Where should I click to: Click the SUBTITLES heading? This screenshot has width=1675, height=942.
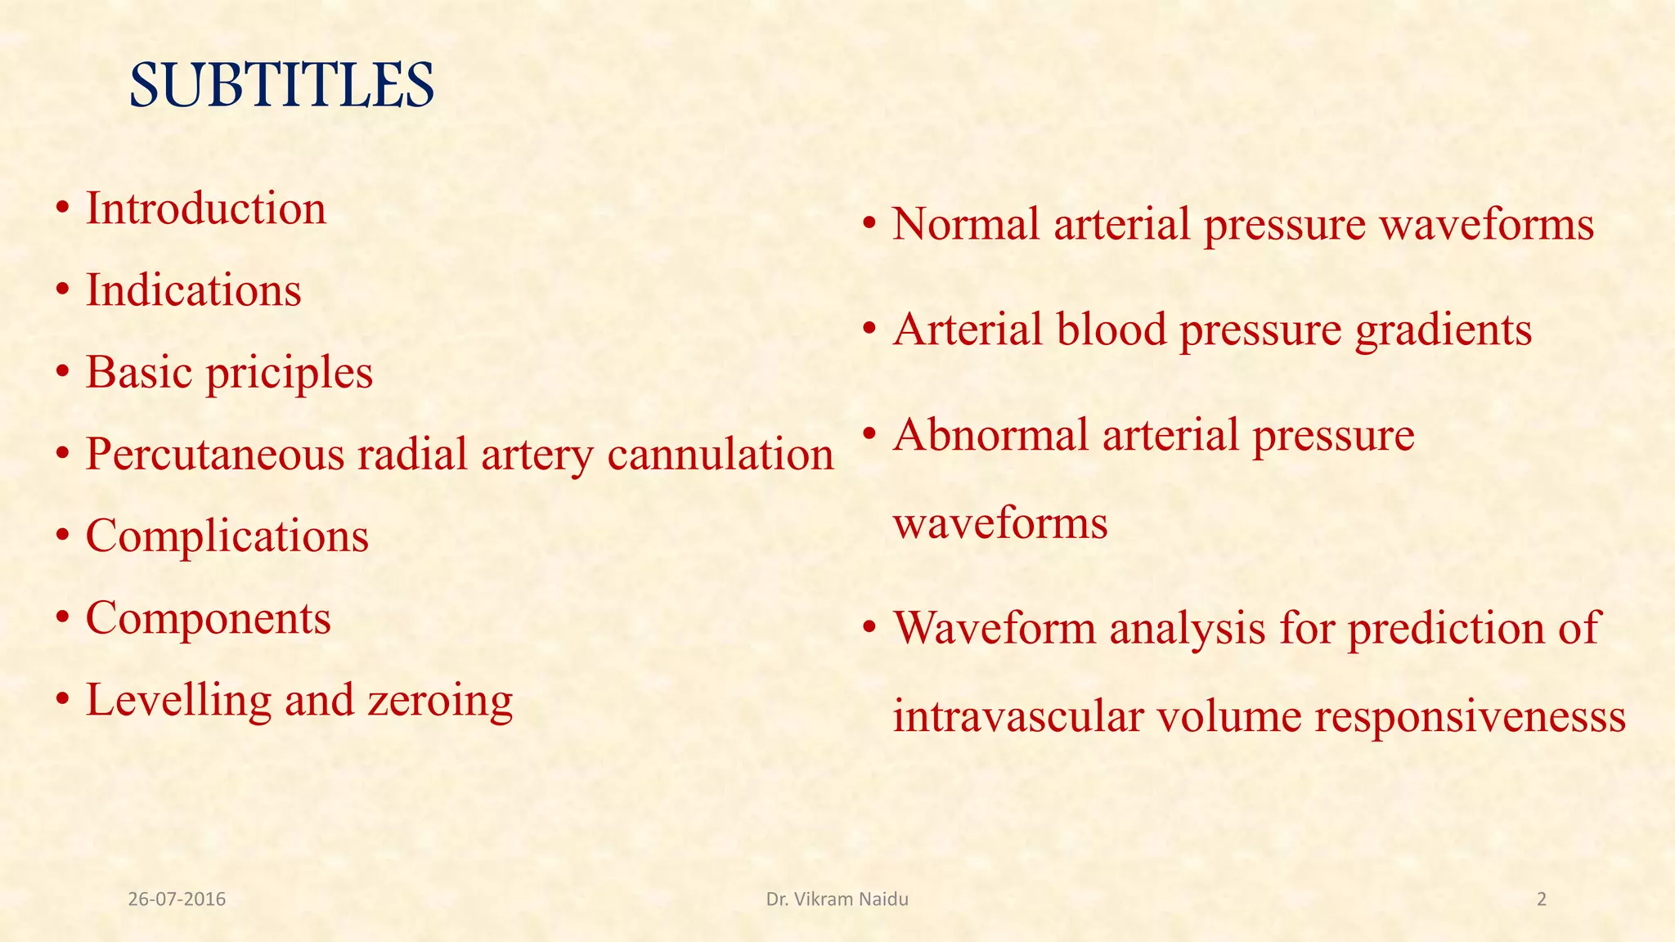281,85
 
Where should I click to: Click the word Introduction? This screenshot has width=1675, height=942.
206,209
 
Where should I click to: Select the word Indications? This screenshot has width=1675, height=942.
194,290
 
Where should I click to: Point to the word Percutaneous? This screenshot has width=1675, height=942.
214,455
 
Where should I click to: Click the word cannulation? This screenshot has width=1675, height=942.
720,455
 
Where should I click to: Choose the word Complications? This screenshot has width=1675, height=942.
227,536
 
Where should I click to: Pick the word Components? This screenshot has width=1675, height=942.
209,618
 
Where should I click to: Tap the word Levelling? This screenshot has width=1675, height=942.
178,701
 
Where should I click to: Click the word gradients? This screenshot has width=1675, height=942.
1443,330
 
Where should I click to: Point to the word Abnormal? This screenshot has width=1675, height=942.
990,435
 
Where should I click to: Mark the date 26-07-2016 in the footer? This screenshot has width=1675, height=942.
177,899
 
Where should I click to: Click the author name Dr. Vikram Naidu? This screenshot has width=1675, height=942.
837,899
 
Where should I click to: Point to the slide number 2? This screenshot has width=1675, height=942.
1542,899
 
